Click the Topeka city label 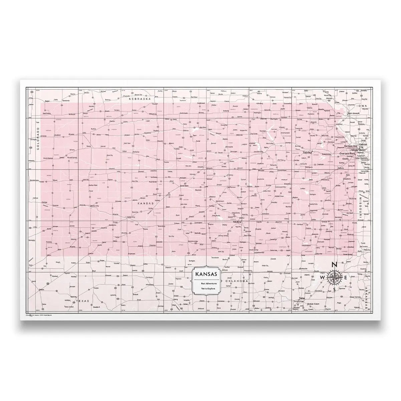pos(307,152)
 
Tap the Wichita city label pos(238,222)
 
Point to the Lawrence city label pos(326,154)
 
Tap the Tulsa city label pos(302,298)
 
